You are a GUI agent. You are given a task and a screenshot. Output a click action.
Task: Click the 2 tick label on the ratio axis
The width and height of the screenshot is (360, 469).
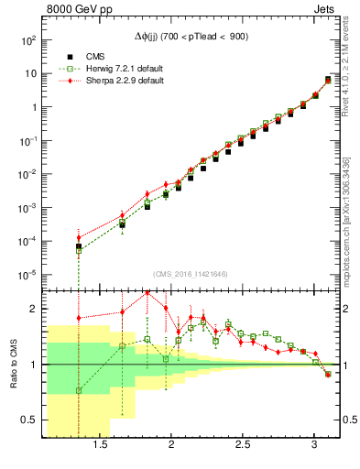(x=33, y=309)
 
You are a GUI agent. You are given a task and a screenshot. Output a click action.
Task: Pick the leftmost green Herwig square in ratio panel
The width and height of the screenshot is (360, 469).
(x=79, y=390)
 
